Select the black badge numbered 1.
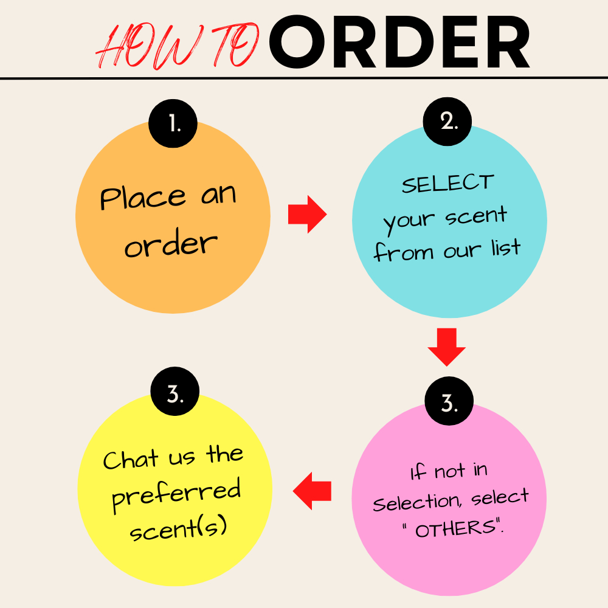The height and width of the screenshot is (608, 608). pyautogui.click(x=173, y=125)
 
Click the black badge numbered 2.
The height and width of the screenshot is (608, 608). pyautogui.click(x=449, y=121)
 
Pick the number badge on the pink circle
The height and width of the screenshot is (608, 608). pyautogui.click(x=449, y=403)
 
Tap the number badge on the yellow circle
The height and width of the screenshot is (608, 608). pyautogui.click(x=174, y=395)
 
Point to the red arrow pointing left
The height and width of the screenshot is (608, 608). pyautogui.click(x=313, y=491)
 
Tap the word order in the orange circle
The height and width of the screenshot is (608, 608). pyautogui.click(x=171, y=244)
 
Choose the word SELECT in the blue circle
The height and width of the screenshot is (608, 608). pyautogui.click(x=448, y=183)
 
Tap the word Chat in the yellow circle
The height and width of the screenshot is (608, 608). pyautogui.click(x=131, y=460)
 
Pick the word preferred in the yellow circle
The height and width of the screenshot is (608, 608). pyautogui.click(x=177, y=492)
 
